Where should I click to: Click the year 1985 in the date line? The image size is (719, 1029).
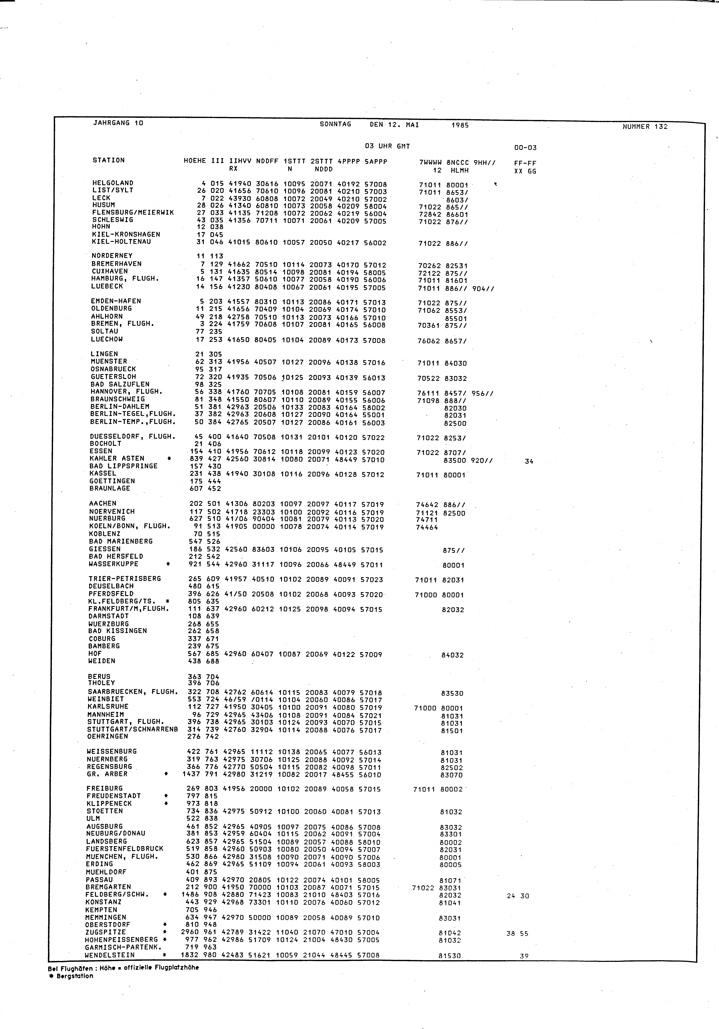460,126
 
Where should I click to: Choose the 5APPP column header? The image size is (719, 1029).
376,161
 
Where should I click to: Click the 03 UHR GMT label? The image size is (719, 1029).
388,146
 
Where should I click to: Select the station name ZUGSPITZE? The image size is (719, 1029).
105,932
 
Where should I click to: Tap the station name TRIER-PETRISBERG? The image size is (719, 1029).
125,579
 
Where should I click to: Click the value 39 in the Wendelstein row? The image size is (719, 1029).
524,956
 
